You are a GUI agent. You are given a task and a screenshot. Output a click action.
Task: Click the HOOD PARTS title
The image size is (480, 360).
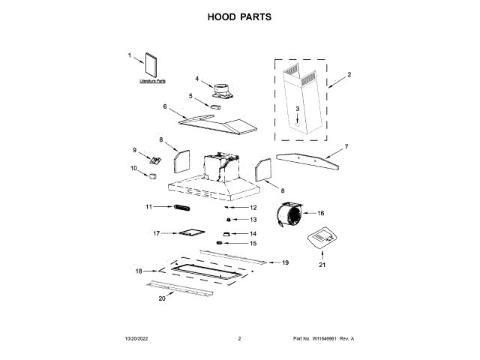(239, 16)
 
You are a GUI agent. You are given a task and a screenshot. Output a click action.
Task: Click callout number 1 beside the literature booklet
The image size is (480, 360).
(129, 55)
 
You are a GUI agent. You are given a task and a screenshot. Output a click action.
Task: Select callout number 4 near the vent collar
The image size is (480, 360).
(197, 79)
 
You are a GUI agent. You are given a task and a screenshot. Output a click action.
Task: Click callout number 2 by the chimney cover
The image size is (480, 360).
(349, 74)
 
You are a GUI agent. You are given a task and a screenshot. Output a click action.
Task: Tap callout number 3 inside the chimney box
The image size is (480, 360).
(297, 109)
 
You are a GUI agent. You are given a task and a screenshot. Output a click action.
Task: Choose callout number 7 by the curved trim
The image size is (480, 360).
(346, 146)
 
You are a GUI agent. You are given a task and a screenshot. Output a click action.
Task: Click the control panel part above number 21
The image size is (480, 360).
(321, 240)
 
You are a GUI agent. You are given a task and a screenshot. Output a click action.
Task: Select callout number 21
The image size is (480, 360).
(322, 265)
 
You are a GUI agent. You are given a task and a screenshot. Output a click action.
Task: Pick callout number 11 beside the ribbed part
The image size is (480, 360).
(148, 206)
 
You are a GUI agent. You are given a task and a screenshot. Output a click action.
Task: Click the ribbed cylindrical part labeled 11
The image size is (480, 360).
(182, 207)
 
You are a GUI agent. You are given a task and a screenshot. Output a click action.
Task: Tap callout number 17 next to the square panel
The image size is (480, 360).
(157, 233)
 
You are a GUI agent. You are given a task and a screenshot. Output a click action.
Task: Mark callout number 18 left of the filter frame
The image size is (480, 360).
(138, 271)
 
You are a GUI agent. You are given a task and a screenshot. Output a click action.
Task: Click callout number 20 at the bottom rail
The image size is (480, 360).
(162, 298)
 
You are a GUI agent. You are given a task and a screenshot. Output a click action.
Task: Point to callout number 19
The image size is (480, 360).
(284, 262)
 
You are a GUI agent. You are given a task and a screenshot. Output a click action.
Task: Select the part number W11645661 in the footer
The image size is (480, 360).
(323, 339)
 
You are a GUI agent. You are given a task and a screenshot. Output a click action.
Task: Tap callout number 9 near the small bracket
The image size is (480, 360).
(136, 149)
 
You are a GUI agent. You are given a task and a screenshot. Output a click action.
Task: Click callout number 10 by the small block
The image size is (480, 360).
(134, 169)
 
